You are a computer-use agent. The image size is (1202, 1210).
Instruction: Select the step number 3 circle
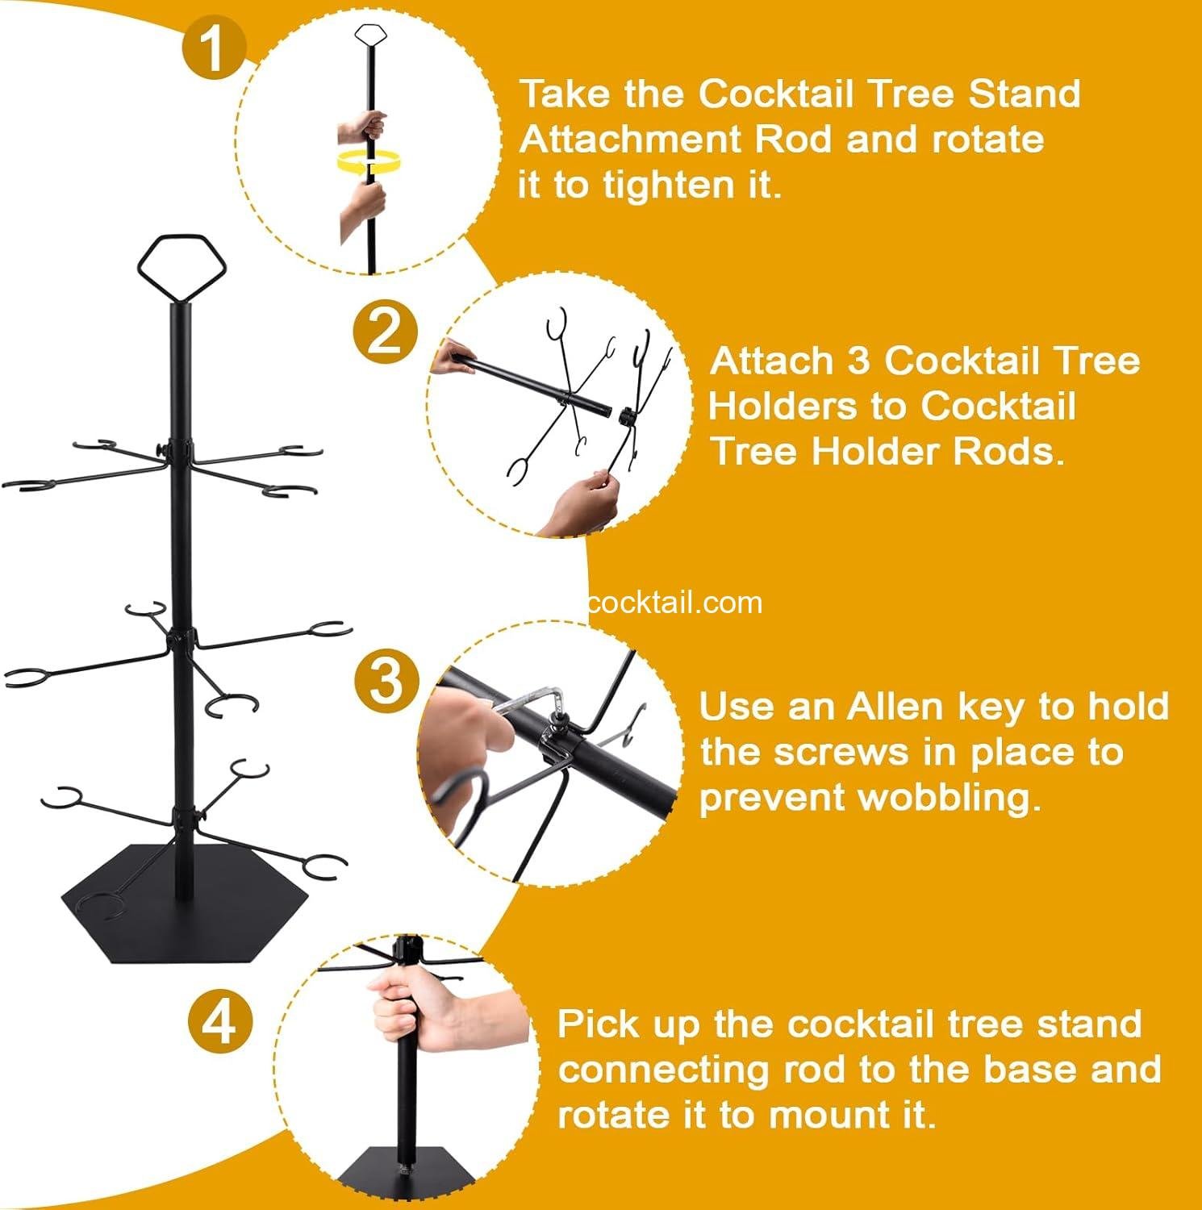tap(386, 680)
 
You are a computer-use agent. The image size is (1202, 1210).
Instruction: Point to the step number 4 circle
tap(220, 1024)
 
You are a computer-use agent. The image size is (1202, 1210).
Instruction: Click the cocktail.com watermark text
tap(674, 603)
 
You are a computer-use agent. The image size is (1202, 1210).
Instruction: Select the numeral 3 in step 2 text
tap(858, 361)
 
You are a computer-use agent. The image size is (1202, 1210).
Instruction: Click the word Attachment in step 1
tap(631, 140)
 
